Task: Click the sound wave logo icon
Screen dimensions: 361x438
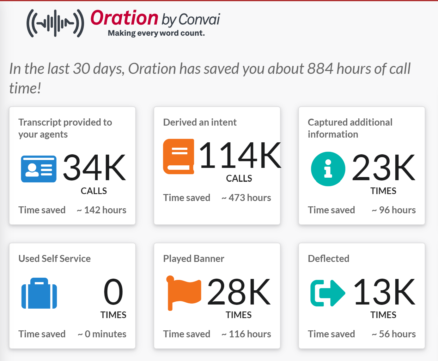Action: pyautogui.click(x=55, y=23)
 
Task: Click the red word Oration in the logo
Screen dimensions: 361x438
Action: pyautogui.click(x=124, y=18)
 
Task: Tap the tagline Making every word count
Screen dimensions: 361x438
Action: pyautogui.click(x=156, y=33)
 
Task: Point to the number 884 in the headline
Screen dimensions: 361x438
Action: pyautogui.click(x=320, y=68)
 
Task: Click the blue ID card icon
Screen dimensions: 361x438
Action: pyautogui.click(x=39, y=169)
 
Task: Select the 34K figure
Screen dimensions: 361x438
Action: pyautogui.click(x=94, y=168)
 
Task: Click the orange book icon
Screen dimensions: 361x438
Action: pyautogui.click(x=179, y=156)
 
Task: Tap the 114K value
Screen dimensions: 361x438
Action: pyautogui.click(x=240, y=155)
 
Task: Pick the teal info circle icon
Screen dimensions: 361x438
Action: pyautogui.click(x=328, y=169)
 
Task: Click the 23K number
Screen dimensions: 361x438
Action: pyautogui.click(x=383, y=168)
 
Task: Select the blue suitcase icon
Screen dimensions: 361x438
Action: pyautogui.click(x=39, y=293)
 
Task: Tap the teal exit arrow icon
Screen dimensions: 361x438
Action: pyautogui.click(x=327, y=293)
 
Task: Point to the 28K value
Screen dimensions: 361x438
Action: pyautogui.click(x=239, y=292)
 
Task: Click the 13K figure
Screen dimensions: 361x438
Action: pyautogui.click(x=384, y=292)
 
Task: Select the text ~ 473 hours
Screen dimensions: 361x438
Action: pyautogui.click(x=246, y=198)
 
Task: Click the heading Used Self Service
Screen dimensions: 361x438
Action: pyautogui.click(x=54, y=258)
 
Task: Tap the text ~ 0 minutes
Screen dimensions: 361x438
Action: pyautogui.click(x=102, y=334)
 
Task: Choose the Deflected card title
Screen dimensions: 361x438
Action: pyautogui.click(x=328, y=258)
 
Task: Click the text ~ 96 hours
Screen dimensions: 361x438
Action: pyautogui.click(x=393, y=210)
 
